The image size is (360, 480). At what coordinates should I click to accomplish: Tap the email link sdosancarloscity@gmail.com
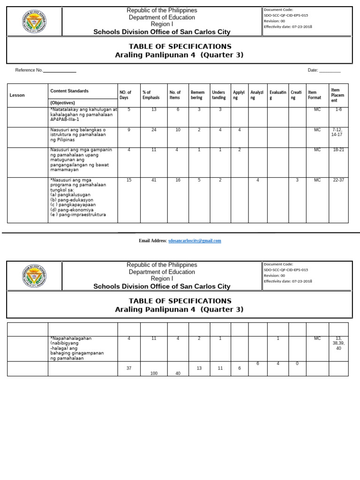coord(194,240)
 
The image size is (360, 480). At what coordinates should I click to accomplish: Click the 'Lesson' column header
coord(17,95)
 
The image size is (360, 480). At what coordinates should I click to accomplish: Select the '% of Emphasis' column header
coord(151,95)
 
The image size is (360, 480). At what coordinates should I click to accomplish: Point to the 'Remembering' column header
coord(197,95)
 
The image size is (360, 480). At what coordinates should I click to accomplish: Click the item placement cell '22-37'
coord(338,180)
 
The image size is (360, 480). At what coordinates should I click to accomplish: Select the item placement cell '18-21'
coord(338,150)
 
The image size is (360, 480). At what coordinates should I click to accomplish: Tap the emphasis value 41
coord(154,180)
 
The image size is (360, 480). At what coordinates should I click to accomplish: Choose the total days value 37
coord(129,368)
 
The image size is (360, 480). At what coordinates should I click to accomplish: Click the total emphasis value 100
coord(154,373)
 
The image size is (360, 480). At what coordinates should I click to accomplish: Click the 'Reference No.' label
coord(29,70)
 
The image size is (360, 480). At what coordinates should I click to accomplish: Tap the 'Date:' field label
coord(313,70)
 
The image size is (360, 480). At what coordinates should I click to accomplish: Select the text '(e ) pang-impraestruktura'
coord(78,215)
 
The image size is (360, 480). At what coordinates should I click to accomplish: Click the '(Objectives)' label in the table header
coord(62,103)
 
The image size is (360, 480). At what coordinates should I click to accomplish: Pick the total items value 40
coord(178,373)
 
